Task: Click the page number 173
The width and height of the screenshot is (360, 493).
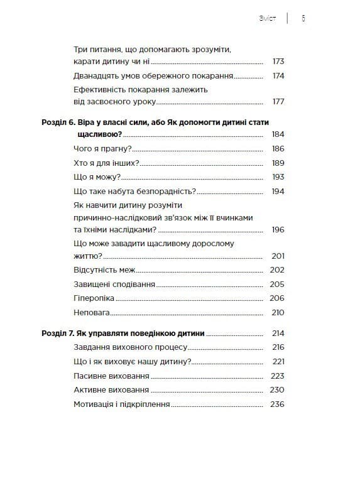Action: pos(278,62)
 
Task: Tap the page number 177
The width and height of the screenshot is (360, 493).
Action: pos(278,102)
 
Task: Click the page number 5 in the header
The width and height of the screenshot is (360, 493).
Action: pos(303,18)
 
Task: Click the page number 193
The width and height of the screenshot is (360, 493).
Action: pos(278,177)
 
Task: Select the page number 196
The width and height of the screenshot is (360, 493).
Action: pos(278,229)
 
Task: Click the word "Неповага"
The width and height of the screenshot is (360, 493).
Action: pos(92,313)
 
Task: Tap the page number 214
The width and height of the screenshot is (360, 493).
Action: pos(278,333)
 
